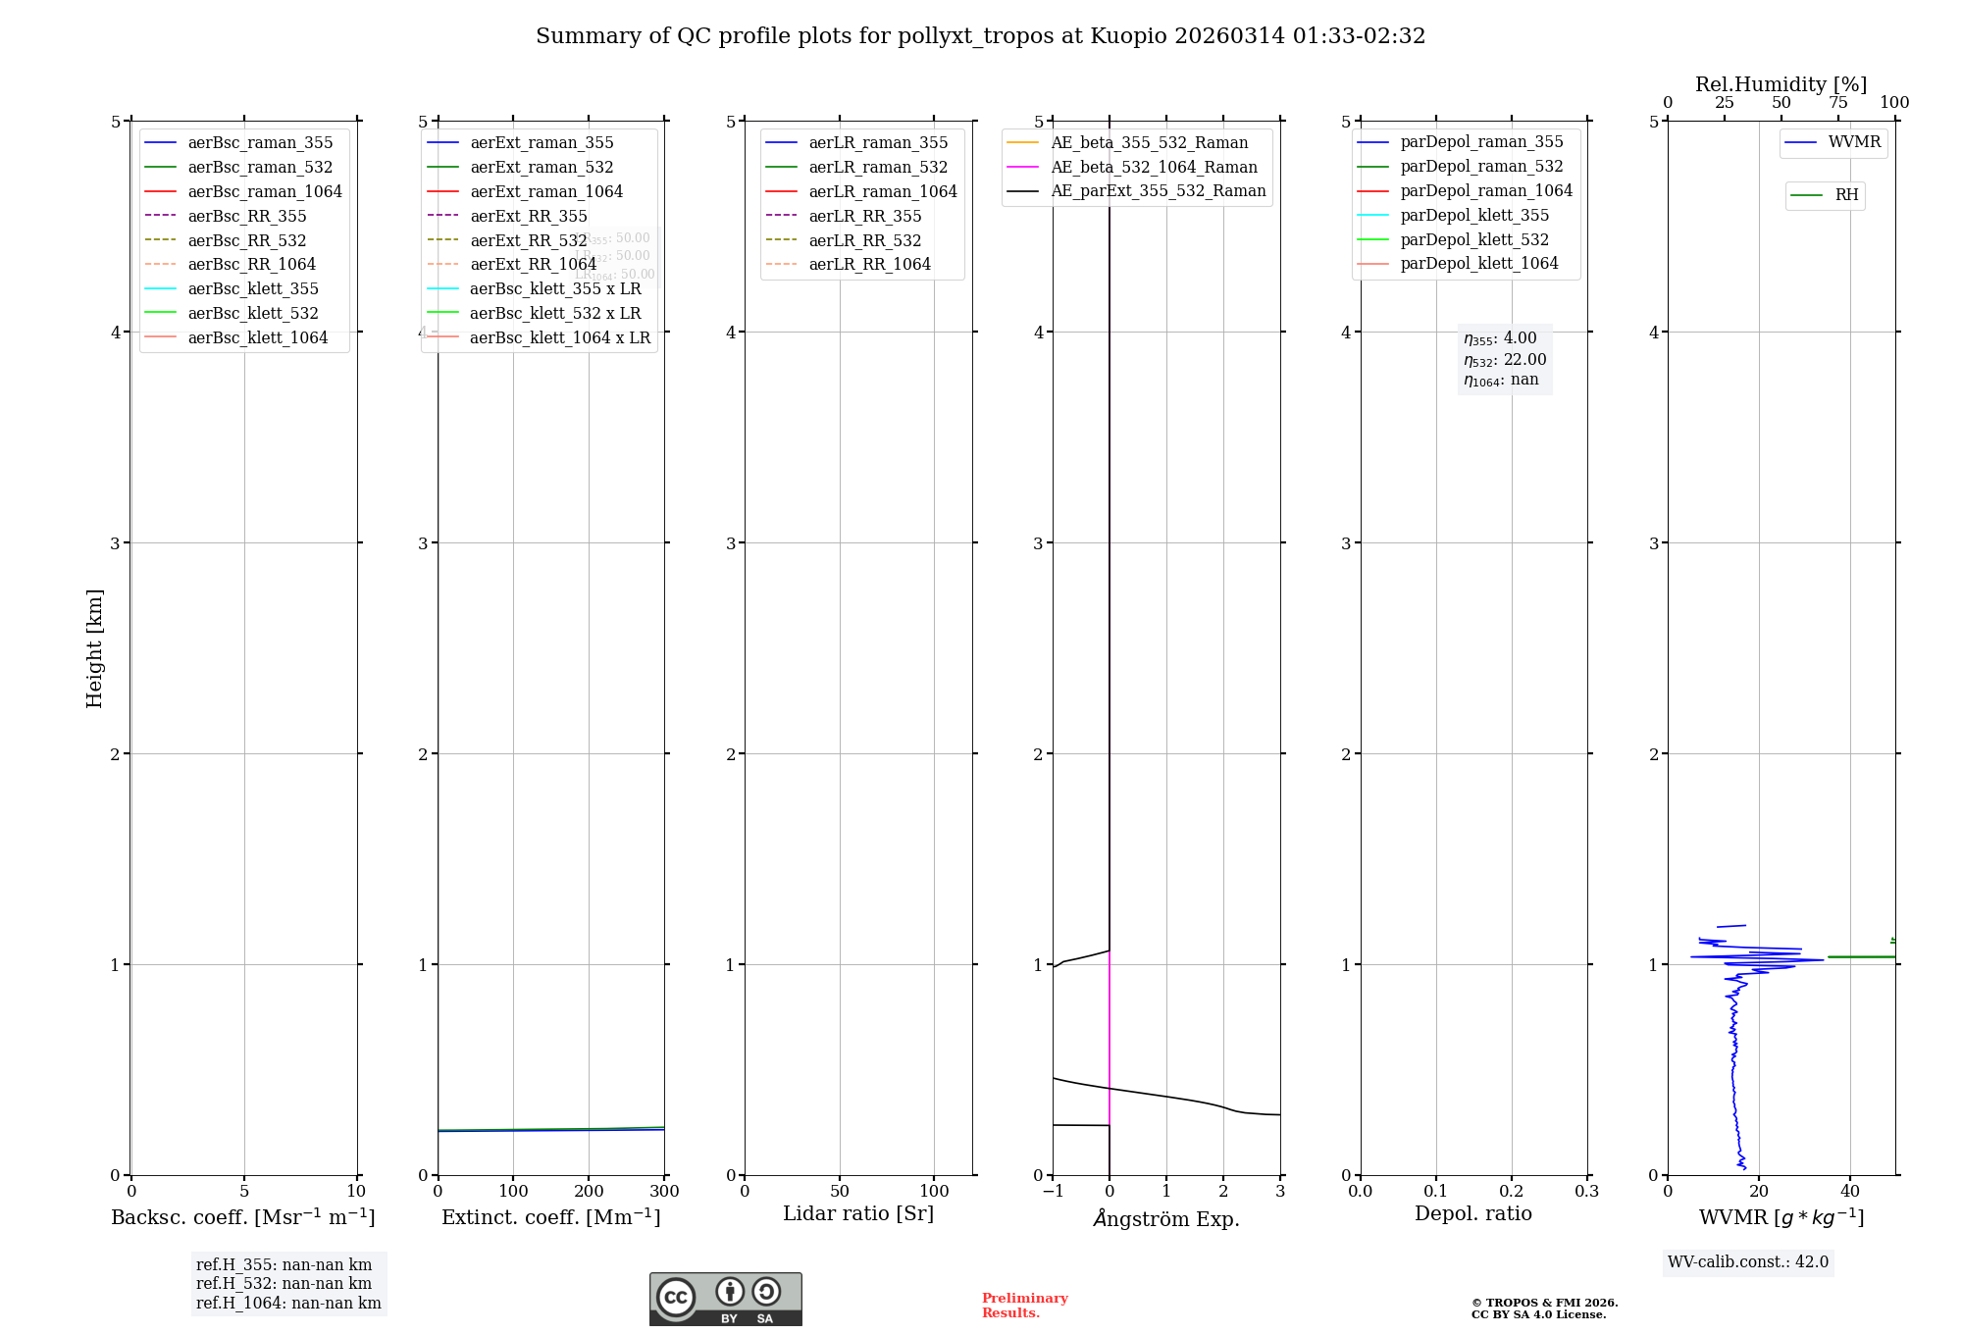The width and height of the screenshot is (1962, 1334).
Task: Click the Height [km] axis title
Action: [x=94, y=648]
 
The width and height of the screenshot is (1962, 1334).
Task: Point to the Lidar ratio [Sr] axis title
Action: [x=858, y=1214]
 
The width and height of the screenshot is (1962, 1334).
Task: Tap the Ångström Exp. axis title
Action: [x=1166, y=1219]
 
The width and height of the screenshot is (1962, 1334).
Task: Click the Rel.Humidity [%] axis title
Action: [x=1781, y=84]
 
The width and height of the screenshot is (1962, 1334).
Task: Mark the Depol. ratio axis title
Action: [x=1472, y=1214]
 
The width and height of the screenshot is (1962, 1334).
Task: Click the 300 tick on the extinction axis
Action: [x=664, y=1192]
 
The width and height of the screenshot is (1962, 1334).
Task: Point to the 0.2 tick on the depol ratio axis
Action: [x=1512, y=1192]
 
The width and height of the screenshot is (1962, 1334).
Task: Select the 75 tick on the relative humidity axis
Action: [x=1837, y=103]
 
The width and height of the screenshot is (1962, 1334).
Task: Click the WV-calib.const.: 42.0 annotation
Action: [x=1748, y=1262]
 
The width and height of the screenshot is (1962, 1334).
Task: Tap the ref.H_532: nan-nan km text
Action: [x=284, y=1284]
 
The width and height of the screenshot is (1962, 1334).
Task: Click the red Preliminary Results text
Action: [x=1024, y=1306]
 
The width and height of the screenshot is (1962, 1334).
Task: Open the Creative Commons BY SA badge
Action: [x=725, y=1300]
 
